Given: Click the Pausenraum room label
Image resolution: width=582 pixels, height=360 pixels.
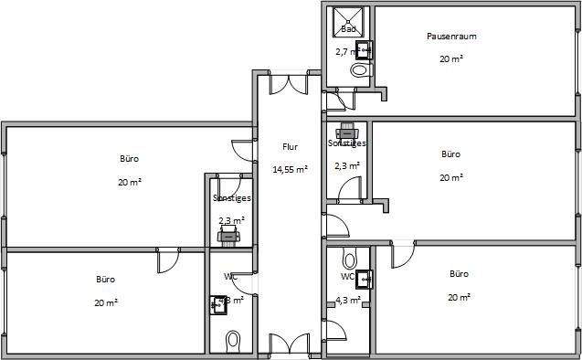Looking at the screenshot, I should pyautogui.click(x=451, y=37).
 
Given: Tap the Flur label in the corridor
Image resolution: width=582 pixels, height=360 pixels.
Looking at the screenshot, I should pyautogui.click(x=290, y=146).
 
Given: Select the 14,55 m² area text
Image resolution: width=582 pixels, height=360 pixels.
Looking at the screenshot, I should pyautogui.click(x=290, y=169).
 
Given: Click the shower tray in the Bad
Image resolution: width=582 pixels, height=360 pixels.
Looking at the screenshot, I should pyautogui.click(x=348, y=18).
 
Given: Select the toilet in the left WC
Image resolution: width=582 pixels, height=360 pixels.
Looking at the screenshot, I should pyautogui.click(x=232, y=342).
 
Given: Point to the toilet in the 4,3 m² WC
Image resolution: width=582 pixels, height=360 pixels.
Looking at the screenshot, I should pyautogui.click(x=348, y=257).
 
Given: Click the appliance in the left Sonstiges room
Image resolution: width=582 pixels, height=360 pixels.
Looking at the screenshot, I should pyautogui.click(x=228, y=237).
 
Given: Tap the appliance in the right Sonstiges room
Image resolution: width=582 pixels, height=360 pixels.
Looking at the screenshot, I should pyautogui.click(x=347, y=129).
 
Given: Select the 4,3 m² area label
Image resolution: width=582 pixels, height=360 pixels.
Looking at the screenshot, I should pyautogui.click(x=348, y=298).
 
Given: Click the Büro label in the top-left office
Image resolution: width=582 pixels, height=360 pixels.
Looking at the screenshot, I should pyautogui.click(x=129, y=159).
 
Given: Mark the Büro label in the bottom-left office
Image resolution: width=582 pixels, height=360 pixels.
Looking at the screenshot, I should pyautogui.click(x=107, y=279).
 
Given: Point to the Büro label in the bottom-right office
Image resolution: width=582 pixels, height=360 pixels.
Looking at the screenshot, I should pyautogui.click(x=459, y=273).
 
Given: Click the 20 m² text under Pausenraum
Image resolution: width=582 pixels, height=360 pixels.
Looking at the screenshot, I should pyautogui.click(x=451, y=58).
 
